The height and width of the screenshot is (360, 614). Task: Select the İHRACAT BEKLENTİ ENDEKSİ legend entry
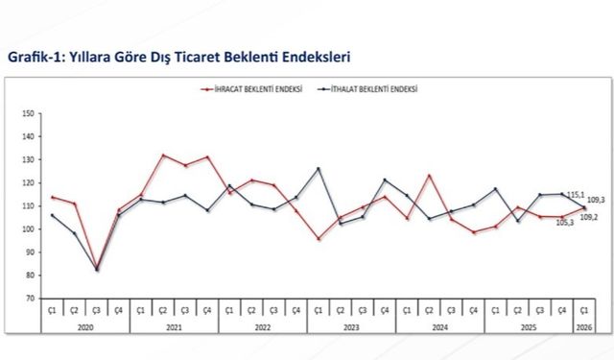(256, 89)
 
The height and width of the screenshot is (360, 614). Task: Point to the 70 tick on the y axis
(29, 298)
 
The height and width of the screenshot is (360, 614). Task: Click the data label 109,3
(595, 200)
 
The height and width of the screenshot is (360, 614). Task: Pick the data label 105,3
(566, 223)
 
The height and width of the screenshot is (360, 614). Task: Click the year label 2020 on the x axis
(85, 328)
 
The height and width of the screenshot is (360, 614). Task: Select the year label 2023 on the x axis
(351, 328)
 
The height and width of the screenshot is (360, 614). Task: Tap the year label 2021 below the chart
(174, 328)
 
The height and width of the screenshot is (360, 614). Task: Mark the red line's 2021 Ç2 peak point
(163, 155)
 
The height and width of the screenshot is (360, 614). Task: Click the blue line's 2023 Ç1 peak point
(319, 169)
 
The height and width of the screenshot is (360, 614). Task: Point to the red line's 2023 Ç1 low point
(319, 238)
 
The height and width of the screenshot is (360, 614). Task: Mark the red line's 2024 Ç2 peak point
(429, 175)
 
